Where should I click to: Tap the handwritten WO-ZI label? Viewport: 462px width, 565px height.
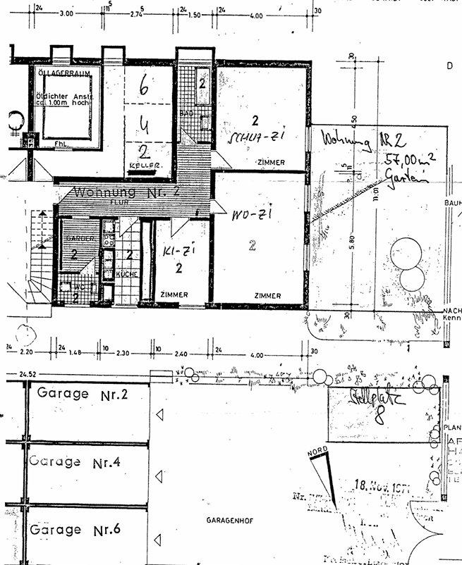(x=242, y=211)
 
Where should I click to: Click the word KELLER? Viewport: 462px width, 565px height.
(x=142, y=166)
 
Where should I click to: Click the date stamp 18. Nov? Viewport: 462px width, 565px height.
(x=378, y=485)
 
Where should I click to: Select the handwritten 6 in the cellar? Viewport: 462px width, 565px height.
(x=145, y=87)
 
